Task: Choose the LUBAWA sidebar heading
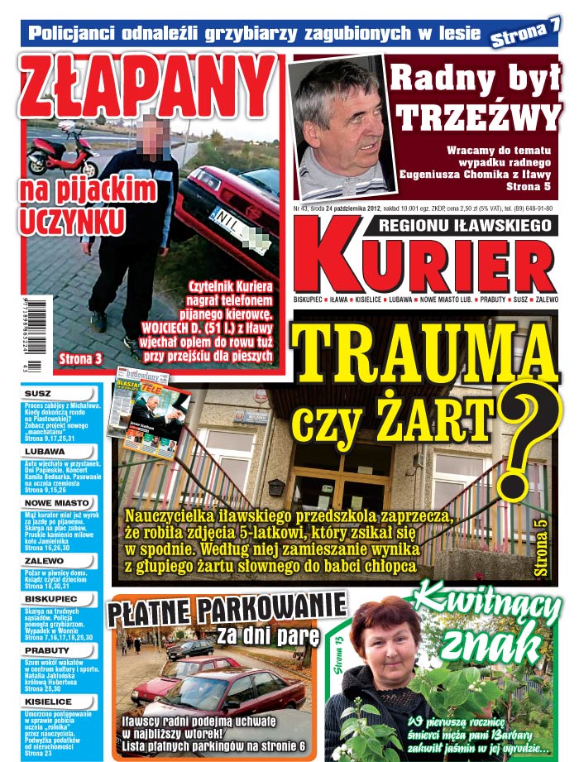tap(45, 452)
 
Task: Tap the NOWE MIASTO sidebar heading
tap(56, 502)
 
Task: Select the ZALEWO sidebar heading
tap(45, 560)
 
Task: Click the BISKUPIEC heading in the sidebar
tap(51, 597)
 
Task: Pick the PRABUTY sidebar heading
tap(47, 650)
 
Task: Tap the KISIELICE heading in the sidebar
tap(50, 700)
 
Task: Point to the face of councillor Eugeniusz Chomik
tap(342, 117)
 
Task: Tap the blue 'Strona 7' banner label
tap(525, 34)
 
